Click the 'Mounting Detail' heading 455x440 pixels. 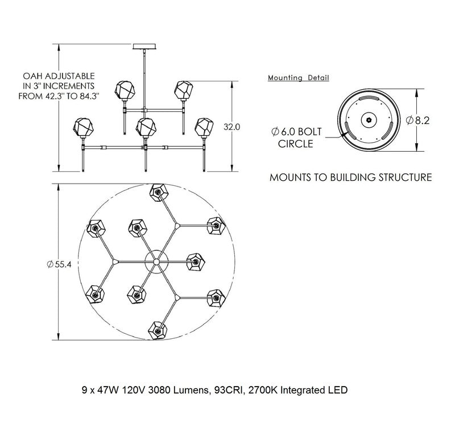pyautogui.click(x=298, y=77)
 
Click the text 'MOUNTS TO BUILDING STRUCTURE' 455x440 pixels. pyautogui.click(x=350, y=178)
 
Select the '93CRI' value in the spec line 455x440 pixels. pyautogui.click(x=229, y=391)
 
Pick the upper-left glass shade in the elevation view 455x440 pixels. pyautogui.click(x=125, y=90)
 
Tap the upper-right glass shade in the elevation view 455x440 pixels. pyautogui.click(x=183, y=90)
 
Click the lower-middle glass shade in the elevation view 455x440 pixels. pyautogui.click(x=146, y=126)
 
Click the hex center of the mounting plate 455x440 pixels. pyautogui.click(x=369, y=120)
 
